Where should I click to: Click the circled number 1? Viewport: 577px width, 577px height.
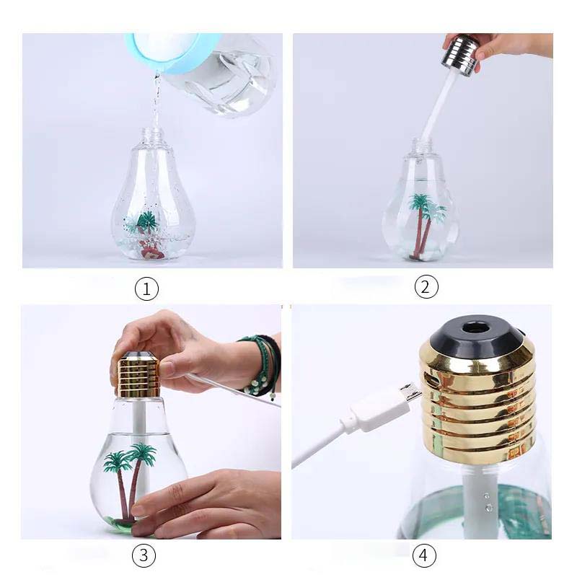pos(146,288)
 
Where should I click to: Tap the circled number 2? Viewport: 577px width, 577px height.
pos(426,286)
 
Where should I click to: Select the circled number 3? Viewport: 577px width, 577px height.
pos(144,555)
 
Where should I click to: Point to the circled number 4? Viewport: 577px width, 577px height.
pos(424,555)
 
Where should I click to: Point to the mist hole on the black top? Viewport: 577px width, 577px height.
pos(474,326)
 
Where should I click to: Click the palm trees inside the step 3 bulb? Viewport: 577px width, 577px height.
pos(130,478)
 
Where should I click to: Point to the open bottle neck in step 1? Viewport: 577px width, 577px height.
pos(151,136)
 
